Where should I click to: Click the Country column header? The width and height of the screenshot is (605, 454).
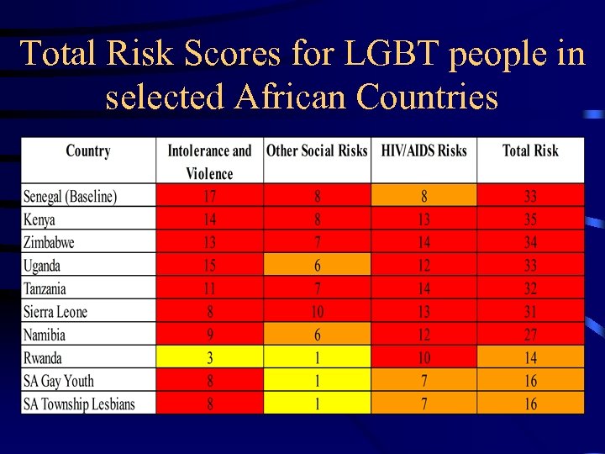tap(88, 151)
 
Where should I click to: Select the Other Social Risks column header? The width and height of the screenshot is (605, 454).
tap(317, 151)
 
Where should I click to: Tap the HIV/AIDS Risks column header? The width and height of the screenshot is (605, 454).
tap(423, 151)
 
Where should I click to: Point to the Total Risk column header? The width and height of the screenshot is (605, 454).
tap(530, 151)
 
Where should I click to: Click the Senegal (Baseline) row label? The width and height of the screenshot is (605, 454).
tap(71, 197)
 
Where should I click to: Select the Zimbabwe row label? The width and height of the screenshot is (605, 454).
tap(49, 243)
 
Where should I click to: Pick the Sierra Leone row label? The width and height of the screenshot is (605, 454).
tap(55, 312)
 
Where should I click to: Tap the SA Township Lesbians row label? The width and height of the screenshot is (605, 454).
tap(79, 404)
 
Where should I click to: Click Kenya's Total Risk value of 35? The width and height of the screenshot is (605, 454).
tap(530, 220)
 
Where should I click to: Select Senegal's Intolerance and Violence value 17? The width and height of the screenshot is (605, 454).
tap(209, 197)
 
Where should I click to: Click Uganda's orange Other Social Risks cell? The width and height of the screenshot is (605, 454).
tap(317, 266)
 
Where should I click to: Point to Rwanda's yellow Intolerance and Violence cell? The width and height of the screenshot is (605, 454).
tap(209, 357)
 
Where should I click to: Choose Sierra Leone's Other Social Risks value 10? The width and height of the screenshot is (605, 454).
tap(317, 312)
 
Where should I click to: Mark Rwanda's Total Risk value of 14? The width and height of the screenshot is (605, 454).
tap(530, 357)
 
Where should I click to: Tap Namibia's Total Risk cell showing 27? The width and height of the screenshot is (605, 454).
tap(530, 335)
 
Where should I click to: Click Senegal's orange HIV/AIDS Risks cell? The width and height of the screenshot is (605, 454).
tap(423, 197)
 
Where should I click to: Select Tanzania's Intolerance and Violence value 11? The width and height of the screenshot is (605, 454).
tap(209, 289)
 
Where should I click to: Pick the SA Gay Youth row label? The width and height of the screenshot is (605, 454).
tap(59, 381)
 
